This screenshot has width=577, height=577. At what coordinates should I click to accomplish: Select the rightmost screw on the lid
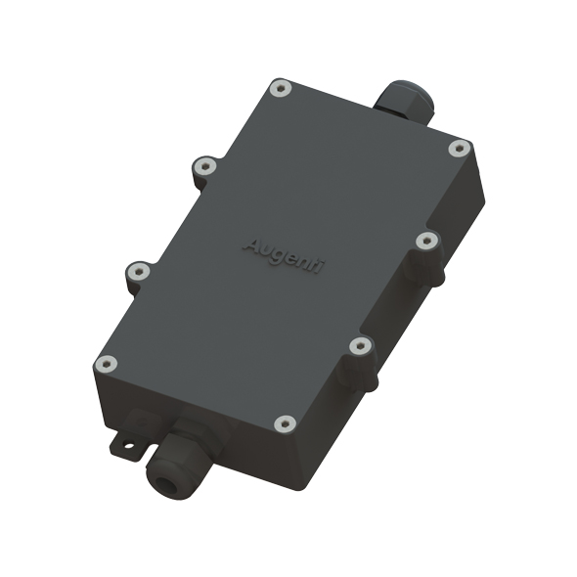pos(459,148)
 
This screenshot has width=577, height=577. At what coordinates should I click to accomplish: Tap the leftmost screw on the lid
pos(106,365)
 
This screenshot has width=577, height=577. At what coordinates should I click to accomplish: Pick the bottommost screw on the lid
pos(285,423)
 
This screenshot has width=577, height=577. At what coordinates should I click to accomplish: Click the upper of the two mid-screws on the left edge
pos(203,168)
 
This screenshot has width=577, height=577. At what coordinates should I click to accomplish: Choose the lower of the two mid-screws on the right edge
pos(359,345)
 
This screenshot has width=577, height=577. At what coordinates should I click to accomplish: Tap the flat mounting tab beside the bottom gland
pos(133,437)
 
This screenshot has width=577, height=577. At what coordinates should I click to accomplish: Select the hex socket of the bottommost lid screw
pos(285,423)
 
